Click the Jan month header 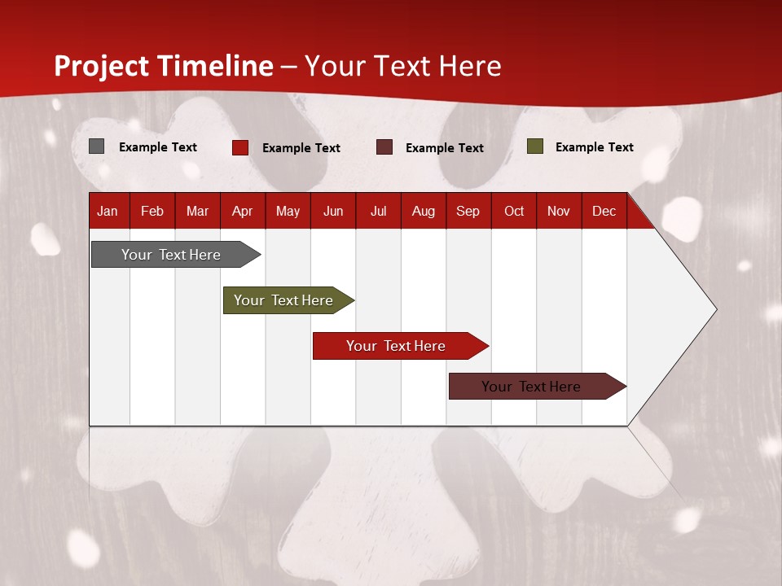[x=108, y=212]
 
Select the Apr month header [x=242, y=212]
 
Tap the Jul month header [x=378, y=212]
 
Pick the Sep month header [x=468, y=212]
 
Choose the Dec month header [x=604, y=212]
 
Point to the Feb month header [x=152, y=212]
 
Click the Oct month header [x=514, y=212]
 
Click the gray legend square [x=96, y=146]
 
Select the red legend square [x=239, y=147]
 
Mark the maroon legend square [x=384, y=147]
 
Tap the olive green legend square [x=534, y=146]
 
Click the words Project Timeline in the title [x=164, y=66]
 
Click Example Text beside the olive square [x=594, y=147]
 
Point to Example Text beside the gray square [x=157, y=147]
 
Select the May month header [x=288, y=212]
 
